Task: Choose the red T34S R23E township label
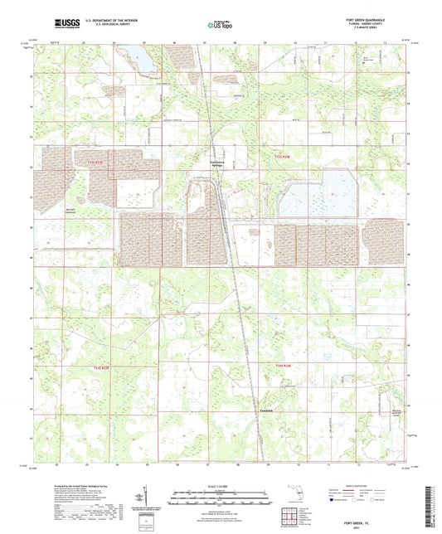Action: point(283,366)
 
